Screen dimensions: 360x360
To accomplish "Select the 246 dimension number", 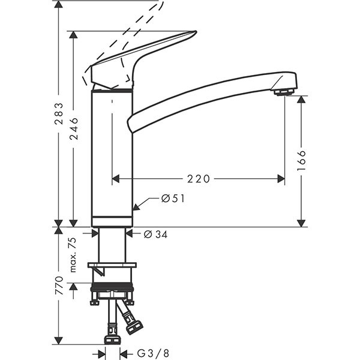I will [x=74, y=127].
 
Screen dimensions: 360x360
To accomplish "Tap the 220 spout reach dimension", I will [x=199, y=179].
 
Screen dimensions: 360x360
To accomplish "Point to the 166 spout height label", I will [x=301, y=161].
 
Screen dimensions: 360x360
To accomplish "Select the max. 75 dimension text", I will [x=73, y=255].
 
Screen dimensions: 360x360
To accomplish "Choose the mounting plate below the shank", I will [x=112, y=265].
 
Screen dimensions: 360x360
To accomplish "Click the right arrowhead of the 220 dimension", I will [x=281, y=179].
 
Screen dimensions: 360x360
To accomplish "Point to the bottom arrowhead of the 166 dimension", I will [x=301, y=223].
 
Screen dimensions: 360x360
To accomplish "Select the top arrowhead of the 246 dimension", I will [x=74, y=35].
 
